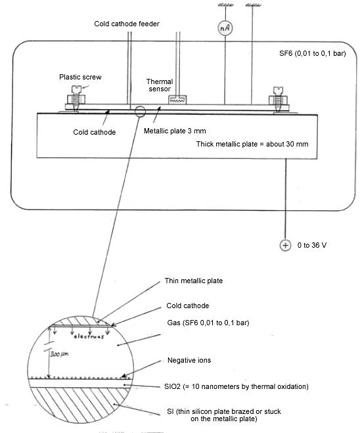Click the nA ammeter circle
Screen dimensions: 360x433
pyautogui.click(x=225, y=28)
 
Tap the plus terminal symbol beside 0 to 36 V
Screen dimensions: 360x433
pyautogui.click(x=285, y=245)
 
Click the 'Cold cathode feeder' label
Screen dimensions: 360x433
pyautogui.click(x=127, y=24)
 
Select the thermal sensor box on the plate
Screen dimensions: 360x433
pyautogui.click(x=177, y=100)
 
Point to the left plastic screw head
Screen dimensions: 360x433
pyautogui.click(x=77, y=89)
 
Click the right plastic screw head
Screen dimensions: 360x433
pyautogui.click(x=278, y=90)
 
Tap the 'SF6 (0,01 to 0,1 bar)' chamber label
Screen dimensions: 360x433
pyautogui.click(x=313, y=53)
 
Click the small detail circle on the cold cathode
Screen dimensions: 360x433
pyautogui.click(x=140, y=111)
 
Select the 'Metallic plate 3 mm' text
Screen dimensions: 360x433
pyautogui.click(x=175, y=131)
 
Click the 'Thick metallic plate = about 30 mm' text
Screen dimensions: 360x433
pyautogui.click(x=252, y=144)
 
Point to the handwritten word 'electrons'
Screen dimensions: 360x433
pyautogui.click(x=89, y=336)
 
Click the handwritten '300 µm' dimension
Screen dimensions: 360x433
pyautogui.click(x=59, y=353)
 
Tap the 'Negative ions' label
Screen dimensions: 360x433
pyautogui.click(x=189, y=360)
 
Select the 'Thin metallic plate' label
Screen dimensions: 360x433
pyautogui.click(x=194, y=281)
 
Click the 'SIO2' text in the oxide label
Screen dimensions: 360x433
pyautogui.click(x=172, y=386)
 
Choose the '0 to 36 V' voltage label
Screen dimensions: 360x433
pyautogui.click(x=312, y=245)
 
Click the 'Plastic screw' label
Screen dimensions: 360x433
pyautogui.click(x=80, y=77)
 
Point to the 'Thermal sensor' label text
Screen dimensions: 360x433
pyautogui.click(x=160, y=85)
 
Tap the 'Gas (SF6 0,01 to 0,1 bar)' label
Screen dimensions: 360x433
pyautogui.click(x=208, y=323)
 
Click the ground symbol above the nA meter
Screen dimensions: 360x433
pyautogui.click(x=225, y=5)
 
